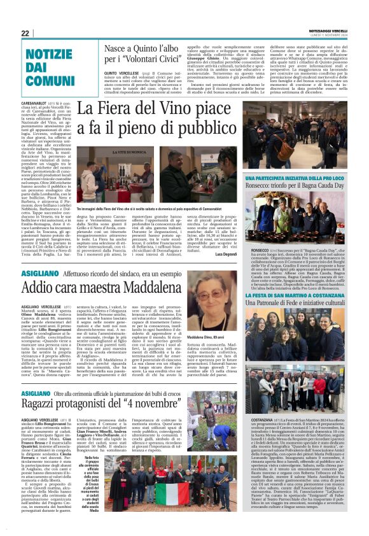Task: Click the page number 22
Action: [25, 33]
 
